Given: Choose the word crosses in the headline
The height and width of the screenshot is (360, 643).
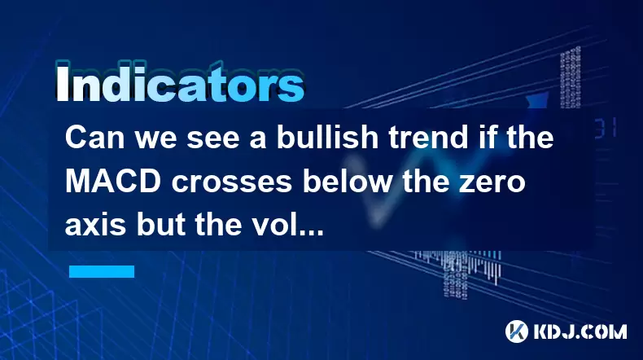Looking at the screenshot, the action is point(232,184).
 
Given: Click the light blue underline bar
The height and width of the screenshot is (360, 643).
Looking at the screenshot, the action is point(102,271).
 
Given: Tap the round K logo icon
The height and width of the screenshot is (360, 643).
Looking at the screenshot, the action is point(517,331).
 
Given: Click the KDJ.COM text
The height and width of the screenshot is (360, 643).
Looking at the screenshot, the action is point(580,331).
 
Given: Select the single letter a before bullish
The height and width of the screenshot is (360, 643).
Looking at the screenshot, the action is point(258,140).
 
